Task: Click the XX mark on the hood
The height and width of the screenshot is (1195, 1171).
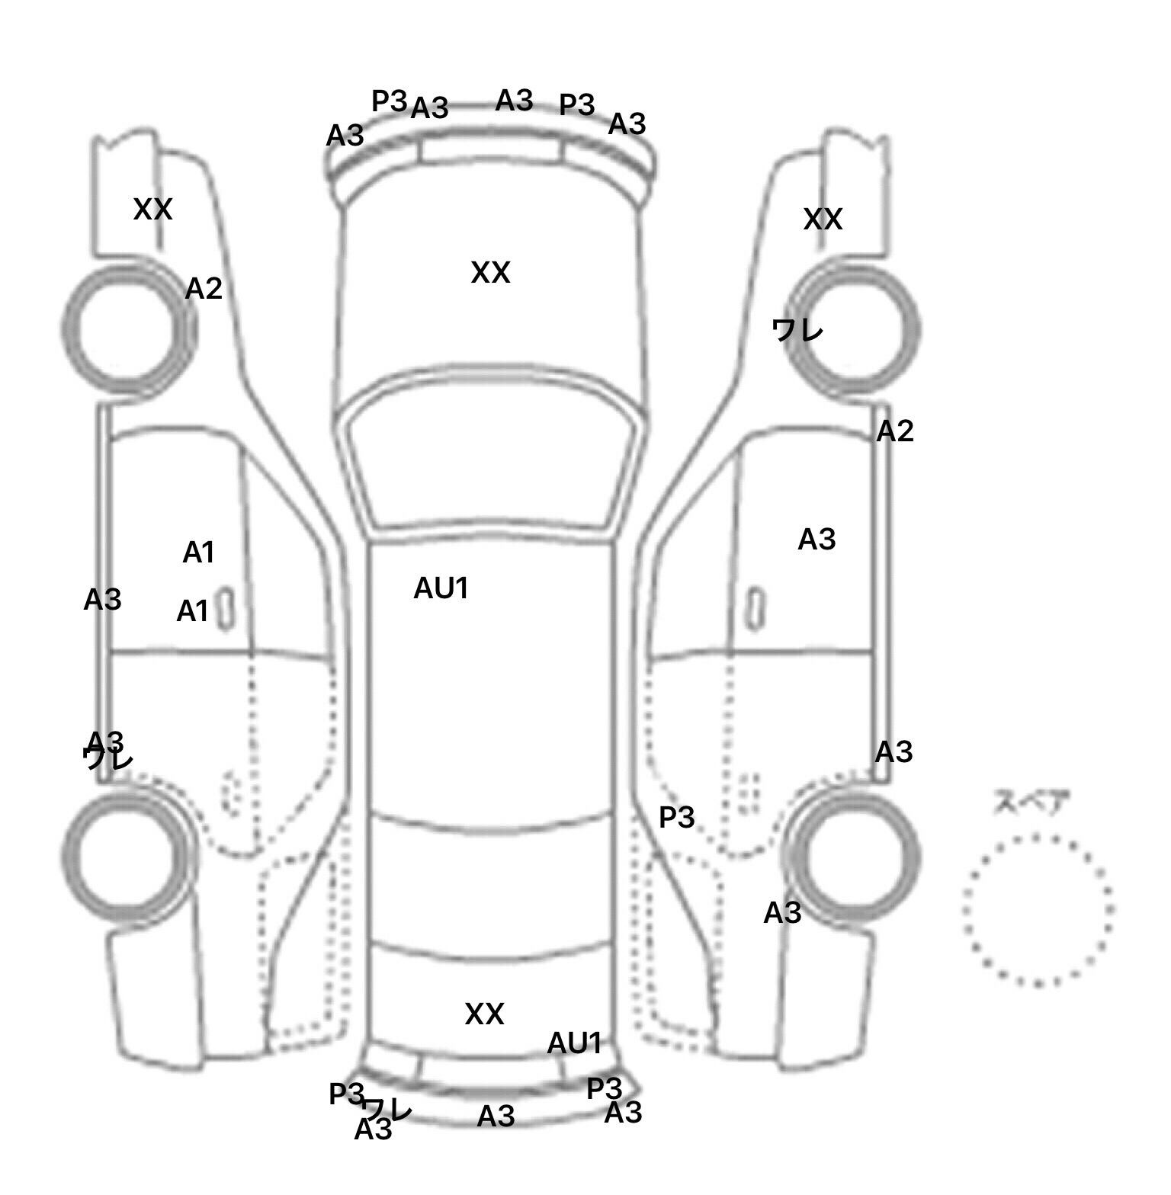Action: tap(490, 273)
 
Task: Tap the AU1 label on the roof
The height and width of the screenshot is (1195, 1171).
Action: tap(441, 588)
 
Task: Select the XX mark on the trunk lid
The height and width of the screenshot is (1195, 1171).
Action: tap(484, 1014)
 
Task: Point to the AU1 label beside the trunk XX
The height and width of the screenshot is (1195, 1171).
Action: tap(575, 1043)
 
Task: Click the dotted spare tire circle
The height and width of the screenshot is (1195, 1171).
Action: tap(1038, 910)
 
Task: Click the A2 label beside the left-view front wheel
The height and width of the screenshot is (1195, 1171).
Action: tap(204, 289)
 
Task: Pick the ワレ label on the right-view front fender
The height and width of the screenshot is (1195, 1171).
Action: tap(797, 331)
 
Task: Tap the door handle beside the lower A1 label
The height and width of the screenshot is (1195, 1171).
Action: tap(226, 610)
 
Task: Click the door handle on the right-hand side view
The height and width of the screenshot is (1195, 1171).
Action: tap(755, 608)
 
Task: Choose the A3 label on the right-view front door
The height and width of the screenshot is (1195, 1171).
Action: tap(816, 540)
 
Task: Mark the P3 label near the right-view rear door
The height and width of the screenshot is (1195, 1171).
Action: tap(676, 818)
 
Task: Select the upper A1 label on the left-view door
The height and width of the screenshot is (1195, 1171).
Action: tap(198, 553)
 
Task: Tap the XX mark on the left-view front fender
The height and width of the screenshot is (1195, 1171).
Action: tap(152, 210)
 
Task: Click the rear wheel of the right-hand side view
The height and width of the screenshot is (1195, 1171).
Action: tap(855, 854)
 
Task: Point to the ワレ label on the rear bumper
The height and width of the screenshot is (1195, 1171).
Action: tap(388, 1107)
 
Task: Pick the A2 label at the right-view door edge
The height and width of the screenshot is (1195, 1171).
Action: tap(894, 432)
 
